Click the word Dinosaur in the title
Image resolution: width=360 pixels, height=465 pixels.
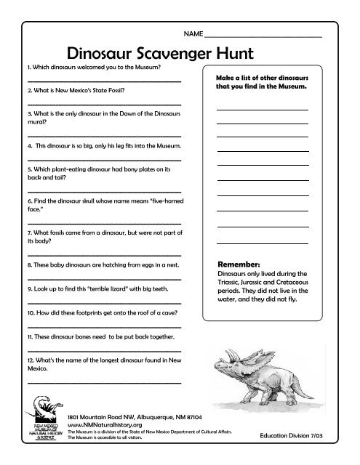tap(101, 52)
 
